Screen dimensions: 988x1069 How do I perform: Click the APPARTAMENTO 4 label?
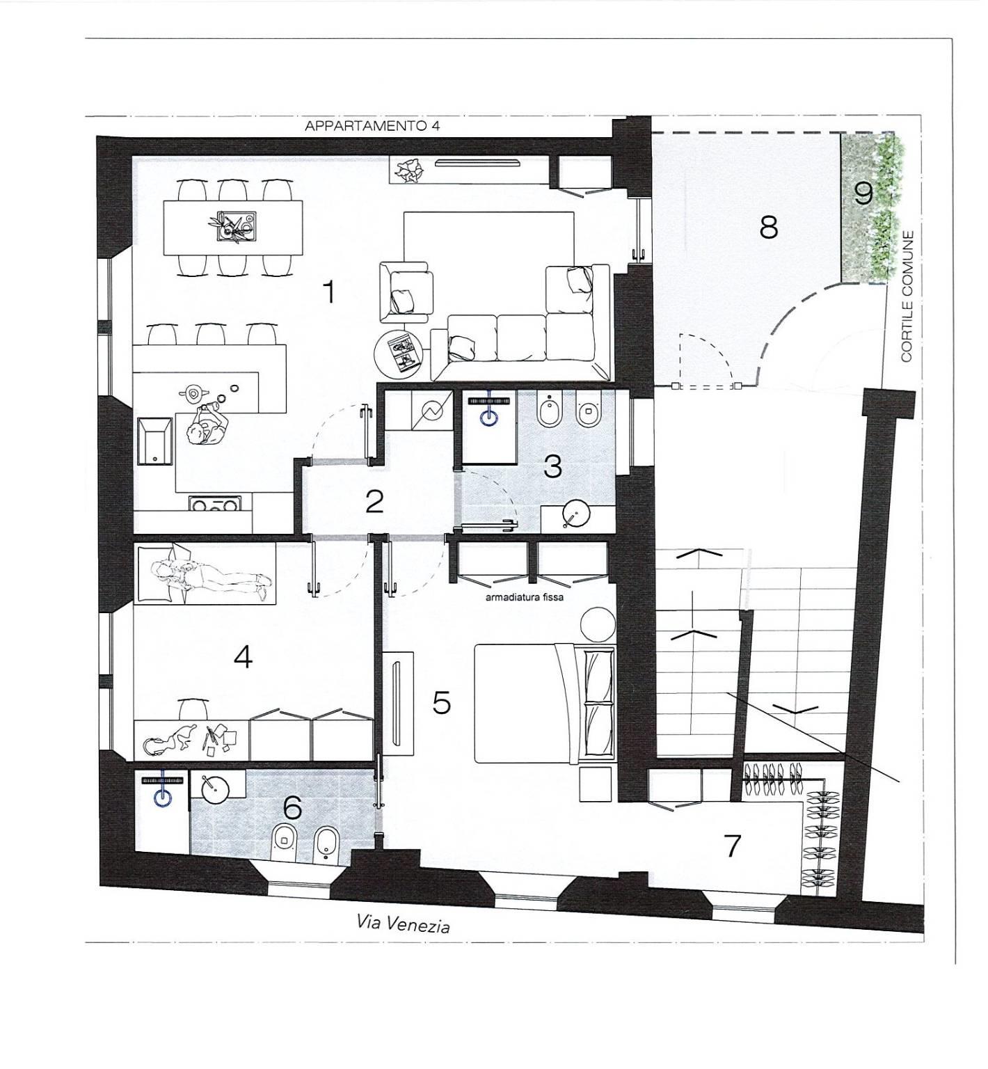[373, 126]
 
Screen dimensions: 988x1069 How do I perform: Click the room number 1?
[329, 292]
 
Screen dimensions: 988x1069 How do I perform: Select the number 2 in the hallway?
[374, 501]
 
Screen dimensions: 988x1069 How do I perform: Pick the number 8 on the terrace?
[769, 227]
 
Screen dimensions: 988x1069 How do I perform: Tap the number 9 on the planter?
[863, 193]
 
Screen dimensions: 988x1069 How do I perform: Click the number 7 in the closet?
[732, 846]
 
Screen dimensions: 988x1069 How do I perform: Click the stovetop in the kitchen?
[215, 503]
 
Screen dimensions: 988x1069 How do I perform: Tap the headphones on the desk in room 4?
[155, 746]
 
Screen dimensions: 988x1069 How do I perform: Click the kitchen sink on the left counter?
[155, 443]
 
